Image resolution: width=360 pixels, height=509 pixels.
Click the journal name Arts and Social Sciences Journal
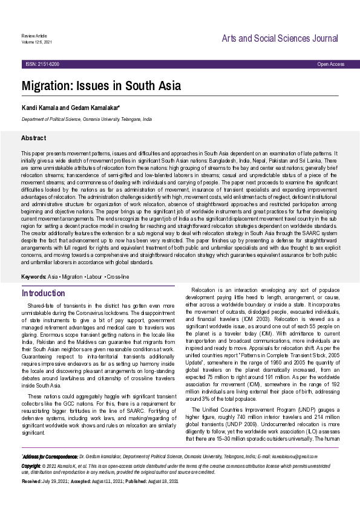coord(279,39)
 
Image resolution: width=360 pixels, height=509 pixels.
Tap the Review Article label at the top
coord(34,36)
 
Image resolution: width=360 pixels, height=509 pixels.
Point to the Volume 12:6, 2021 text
coord(36,42)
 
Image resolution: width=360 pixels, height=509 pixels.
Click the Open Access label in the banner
coord(330,64)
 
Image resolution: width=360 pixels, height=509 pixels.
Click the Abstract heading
coord(33,138)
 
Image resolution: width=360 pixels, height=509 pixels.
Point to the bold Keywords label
coord(34,276)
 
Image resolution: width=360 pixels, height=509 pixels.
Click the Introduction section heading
coord(44,293)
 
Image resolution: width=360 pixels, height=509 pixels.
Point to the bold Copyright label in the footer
coord(31,466)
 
